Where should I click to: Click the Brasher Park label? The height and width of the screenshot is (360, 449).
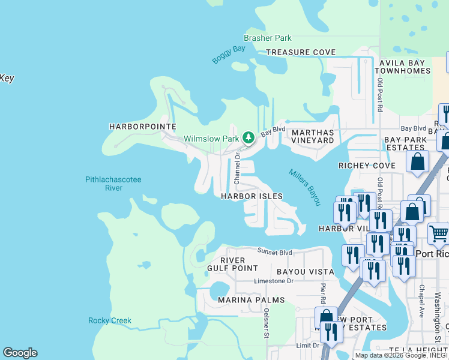click(267, 38)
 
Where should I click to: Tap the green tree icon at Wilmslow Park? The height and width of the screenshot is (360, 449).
click(249, 138)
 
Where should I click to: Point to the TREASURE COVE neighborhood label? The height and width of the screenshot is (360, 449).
click(301, 52)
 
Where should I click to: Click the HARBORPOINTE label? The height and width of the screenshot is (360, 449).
click(142, 127)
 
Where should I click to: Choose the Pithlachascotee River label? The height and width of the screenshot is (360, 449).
click(113, 184)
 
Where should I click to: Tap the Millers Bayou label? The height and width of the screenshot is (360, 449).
click(305, 187)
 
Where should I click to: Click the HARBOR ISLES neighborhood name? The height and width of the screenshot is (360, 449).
click(252, 196)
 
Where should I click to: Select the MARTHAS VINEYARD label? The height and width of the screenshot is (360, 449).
click(312, 136)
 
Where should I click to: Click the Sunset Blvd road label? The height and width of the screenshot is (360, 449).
click(275, 251)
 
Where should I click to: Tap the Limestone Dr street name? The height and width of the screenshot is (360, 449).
click(274, 281)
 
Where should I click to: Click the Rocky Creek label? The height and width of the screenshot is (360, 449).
click(110, 320)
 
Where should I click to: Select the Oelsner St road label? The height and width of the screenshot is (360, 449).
click(266, 323)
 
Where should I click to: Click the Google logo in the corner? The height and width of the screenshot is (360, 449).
click(20, 353)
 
